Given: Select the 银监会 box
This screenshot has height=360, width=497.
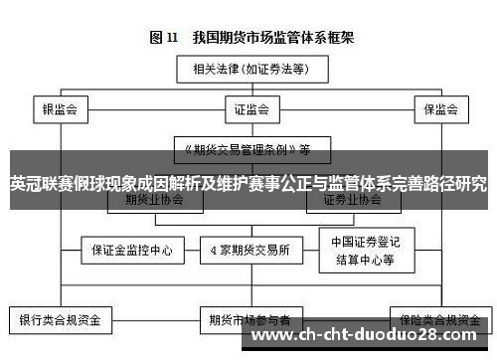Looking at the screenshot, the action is click(x=61, y=107).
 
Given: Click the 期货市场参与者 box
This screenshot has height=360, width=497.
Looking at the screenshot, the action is click(x=249, y=321).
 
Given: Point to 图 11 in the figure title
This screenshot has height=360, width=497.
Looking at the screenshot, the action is click(x=163, y=39).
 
